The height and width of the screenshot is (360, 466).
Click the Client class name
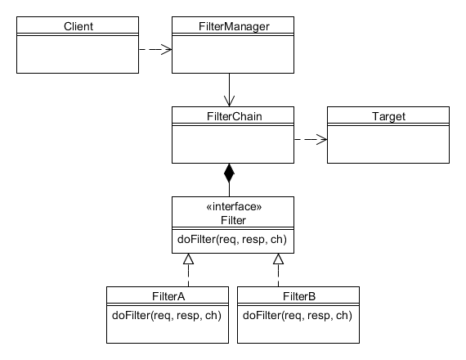pos(78,26)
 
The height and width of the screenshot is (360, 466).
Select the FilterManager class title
pos(234,26)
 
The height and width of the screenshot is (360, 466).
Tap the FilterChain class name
pos(234,116)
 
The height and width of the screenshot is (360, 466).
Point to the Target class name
pos(388,116)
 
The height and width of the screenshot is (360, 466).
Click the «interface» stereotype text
pos(234,206)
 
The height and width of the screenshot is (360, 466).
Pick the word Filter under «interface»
pos(233,220)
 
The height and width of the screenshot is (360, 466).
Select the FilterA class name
pos(168,297)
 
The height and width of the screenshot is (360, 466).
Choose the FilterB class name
pos(299,297)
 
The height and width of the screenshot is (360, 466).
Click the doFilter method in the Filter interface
pos(232,240)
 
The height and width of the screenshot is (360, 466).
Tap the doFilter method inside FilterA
pos(167,315)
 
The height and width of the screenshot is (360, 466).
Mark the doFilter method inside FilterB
pos(298,315)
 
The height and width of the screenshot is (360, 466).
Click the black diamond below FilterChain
pos(229,173)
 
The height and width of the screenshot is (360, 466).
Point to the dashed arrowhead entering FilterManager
pos(167,49)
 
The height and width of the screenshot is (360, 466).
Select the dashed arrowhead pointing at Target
pos(322,139)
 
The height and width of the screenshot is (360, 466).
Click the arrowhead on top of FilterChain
pos(229,101)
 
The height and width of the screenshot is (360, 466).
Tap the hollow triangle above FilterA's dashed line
pos(188,259)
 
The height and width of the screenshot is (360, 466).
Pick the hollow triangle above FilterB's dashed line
pos(278,259)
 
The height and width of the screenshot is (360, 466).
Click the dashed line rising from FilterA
pos(188,276)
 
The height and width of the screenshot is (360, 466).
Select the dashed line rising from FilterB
pos(278,276)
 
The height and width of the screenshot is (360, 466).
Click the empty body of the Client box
pos(78,55)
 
